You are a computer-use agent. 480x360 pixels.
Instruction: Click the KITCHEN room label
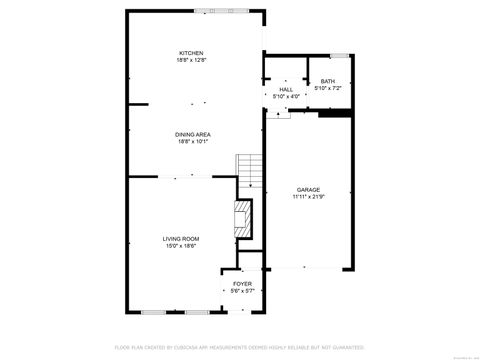point(191,53)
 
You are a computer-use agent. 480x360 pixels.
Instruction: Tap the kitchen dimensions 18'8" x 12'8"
point(191,60)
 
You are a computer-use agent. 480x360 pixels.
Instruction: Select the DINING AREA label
point(191,134)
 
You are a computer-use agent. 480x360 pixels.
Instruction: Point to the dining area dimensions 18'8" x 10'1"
point(191,141)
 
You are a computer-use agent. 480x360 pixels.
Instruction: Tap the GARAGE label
point(307,190)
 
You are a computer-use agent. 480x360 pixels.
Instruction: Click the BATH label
point(328,81)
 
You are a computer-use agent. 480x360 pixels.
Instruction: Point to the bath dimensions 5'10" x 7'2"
point(328,88)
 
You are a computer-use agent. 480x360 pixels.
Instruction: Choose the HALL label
point(286,89)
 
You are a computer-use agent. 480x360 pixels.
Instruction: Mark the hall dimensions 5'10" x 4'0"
point(286,96)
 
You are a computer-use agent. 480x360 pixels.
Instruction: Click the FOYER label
point(243,283)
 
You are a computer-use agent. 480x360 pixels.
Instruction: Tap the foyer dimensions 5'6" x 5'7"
point(243,290)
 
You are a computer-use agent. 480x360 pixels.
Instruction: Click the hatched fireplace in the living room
point(240,218)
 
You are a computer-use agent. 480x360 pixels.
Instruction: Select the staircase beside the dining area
point(248,172)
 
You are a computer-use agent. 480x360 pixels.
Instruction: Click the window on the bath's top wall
point(340,54)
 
